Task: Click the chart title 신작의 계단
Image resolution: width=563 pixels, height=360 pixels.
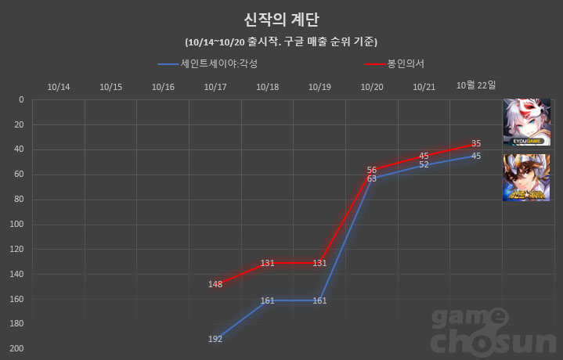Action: click(x=281, y=19)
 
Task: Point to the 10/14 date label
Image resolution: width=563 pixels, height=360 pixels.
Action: click(x=59, y=87)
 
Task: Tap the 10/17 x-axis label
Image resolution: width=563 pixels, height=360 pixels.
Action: click(x=215, y=87)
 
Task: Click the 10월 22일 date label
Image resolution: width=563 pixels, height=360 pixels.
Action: click(x=476, y=85)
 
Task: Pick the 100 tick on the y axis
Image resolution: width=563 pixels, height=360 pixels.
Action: click(x=16, y=224)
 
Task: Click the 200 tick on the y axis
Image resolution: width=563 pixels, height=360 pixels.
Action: click(x=16, y=348)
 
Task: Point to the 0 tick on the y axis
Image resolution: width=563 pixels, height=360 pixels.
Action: click(x=20, y=99)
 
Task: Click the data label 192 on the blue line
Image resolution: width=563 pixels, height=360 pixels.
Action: click(x=215, y=339)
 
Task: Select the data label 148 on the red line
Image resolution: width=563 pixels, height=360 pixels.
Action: click(x=215, y=284)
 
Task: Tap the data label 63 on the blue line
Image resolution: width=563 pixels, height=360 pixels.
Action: click(x=372, y=178)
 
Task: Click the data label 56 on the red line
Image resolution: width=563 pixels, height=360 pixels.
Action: click(x=372, y=170)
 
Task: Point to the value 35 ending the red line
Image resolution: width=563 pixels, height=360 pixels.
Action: click(x=476, y=143)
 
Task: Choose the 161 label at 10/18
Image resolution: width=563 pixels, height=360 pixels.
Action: click(x=267, y=301)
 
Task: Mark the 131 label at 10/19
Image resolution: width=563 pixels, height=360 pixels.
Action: click(x=319, y=263)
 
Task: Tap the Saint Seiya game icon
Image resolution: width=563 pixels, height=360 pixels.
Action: click(x=526, y=178)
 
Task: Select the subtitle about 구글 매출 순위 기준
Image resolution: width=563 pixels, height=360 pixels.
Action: click(x=281, y=41)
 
